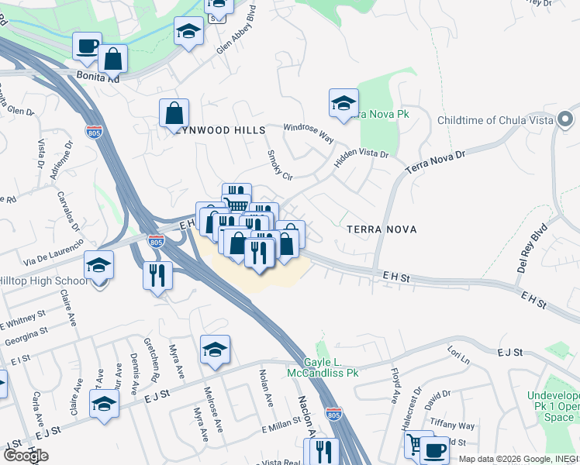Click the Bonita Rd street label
pyautogui.click(x=98, y=78)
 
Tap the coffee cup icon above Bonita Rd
pyautogui.click(x=88, y=46)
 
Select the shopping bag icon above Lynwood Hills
pyautogui.click(x=174, y=113)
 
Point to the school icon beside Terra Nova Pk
pyautogui.click(x=344, y=102)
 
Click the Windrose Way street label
pyautogui.click(x=308, y=133)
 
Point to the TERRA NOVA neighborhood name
pyautogui.click(x=381, y=229)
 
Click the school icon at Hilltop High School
pyautogui.click(x=98, y=267)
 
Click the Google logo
pyautogui.click(x=26, y=456)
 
